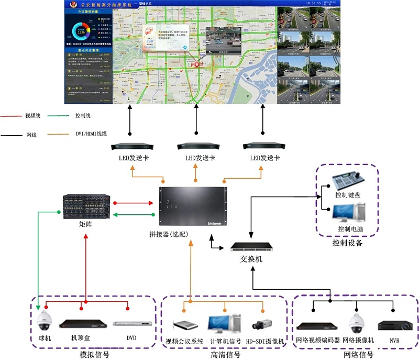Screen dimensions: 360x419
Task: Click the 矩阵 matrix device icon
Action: tap(86, 206)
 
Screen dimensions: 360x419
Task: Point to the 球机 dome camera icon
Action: tap(45, 321)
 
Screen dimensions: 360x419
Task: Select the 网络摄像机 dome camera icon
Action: tap(357, 322)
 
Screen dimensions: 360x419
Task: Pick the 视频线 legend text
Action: tap(32, 116)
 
